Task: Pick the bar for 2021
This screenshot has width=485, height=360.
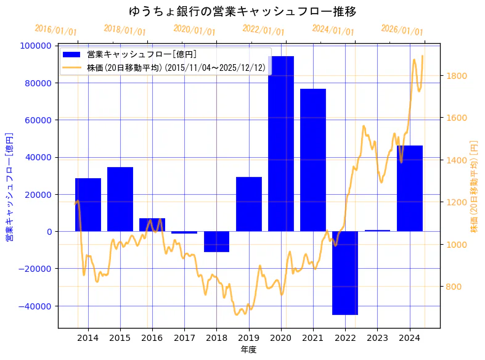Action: coord(313,160)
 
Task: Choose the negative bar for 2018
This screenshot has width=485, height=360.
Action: coord(216,242)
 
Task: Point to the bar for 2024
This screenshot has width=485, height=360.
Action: coord(410,188)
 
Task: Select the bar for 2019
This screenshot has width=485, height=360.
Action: coord(249,204)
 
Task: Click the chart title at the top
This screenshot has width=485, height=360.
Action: coord(242,11)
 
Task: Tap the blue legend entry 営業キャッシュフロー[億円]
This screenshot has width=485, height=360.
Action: coord(142,55)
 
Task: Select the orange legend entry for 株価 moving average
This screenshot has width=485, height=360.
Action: coord(176,68)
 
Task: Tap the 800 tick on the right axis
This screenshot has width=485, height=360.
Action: coord(454,287)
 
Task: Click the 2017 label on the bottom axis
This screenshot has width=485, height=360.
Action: coord(184,338)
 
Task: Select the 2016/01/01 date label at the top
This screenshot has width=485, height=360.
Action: coord(56,30)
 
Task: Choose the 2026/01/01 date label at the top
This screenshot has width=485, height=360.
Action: coord(402,30)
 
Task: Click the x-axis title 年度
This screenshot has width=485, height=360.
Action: coord(248,350)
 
